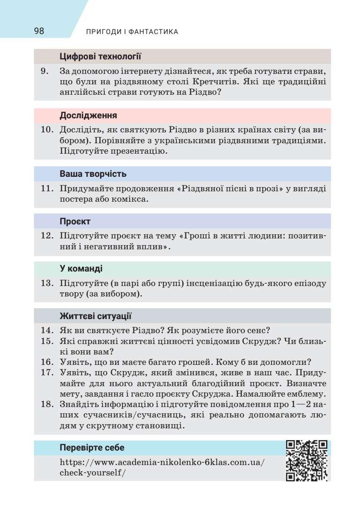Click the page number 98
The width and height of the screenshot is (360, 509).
(x=39, y=31)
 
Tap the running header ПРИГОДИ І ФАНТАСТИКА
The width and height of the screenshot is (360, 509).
(x=131, y=32)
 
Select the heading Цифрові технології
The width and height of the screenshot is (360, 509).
(x=101, y=57)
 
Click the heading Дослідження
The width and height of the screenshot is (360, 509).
(x=88, y=115)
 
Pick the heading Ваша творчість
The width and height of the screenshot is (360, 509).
(x=93, y=174)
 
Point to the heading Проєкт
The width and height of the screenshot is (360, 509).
(x=75, y=222)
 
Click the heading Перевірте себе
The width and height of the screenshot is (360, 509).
(x=92, y=448)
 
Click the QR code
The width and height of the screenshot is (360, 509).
(x=306, y=461)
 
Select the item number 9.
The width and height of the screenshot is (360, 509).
(x=44, y=71)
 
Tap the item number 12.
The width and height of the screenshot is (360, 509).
(x=47, y=236)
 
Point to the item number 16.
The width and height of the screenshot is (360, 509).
(x=47, y=362)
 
